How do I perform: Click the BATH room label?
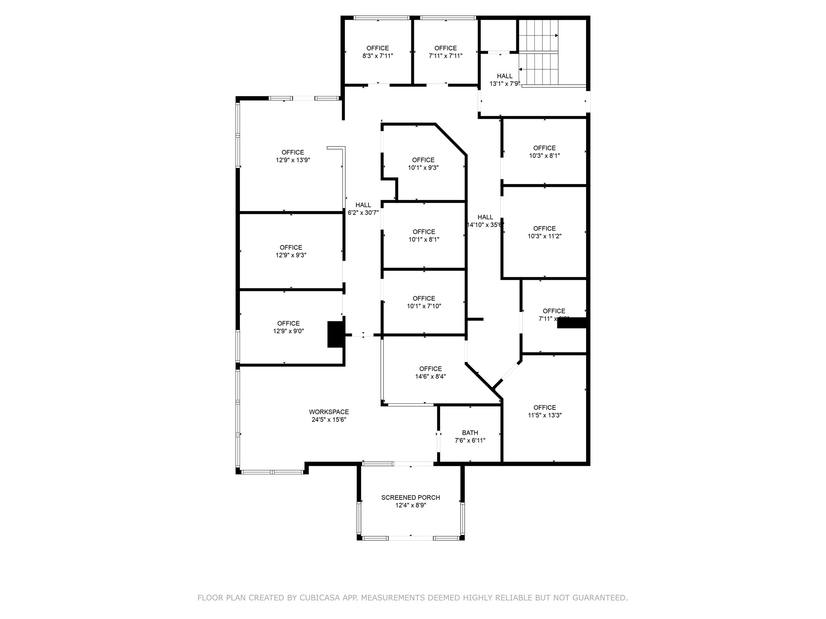[x=470, y=433]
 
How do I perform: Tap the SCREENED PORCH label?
[x=411, y=497]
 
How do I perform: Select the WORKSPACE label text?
[x=329, y=412]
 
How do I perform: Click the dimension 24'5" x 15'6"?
[x=329, y=420]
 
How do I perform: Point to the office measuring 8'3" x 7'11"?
[x=378, y=52]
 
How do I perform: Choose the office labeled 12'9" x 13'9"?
[x=293, y=156]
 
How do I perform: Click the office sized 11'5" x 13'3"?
[x=544, y=411]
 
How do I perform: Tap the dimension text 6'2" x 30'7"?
[x=363, y=213]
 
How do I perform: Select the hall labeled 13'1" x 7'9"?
[x=505, y=80]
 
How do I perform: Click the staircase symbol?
[x=538, y=52]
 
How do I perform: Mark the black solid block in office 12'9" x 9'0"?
[x=335, y=334]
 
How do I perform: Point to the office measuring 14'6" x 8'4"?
[x=430, y=372]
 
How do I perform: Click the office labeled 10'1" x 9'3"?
[x=423, y=164]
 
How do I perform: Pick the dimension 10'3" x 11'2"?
[x=544, y=236]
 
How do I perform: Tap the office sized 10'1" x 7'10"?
[x=424, y=302]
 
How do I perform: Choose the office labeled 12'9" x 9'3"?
[x=291, y=251]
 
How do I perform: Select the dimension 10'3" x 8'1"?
[x=544, y=156]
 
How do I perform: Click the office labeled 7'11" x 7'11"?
[x=445, y=52]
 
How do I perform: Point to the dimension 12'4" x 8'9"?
[x=411, y=505]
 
